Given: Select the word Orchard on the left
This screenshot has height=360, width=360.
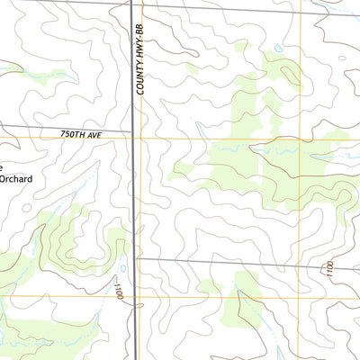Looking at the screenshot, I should pos(15,179).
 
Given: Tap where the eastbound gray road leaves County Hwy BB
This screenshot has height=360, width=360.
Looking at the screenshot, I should pos(137,258).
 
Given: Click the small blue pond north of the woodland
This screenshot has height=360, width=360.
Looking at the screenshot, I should pos(278,48).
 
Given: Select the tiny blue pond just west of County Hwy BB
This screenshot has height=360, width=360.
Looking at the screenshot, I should pos(122,268).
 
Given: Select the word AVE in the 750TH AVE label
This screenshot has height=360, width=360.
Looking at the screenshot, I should pos(97,134).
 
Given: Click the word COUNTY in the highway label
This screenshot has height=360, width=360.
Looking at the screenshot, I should pos(140,85).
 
